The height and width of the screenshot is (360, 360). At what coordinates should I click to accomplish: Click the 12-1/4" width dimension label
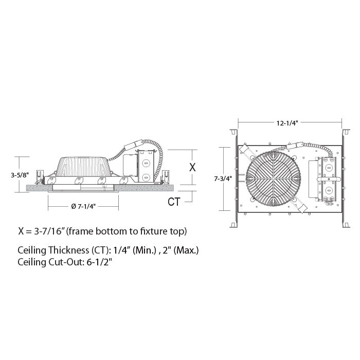[x=287, y=123]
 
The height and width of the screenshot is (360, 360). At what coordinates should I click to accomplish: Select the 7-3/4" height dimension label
[x=223, y=178]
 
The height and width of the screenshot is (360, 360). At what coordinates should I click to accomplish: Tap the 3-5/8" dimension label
[x=20, y=175]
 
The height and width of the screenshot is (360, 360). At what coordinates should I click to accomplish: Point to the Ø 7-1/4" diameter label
[x=83, y=206]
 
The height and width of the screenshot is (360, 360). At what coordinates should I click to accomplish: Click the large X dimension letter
[x=192, y=167]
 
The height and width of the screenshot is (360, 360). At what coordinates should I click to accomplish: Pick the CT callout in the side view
[x=174, y=202]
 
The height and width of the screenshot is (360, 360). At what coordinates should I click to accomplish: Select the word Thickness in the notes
[x=68, y=250]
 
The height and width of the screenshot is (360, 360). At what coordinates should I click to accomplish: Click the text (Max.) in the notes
[x=186, y=250]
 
